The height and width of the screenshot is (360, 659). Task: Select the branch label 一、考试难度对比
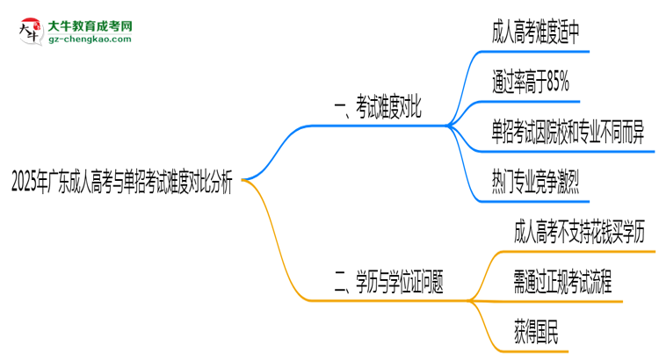coord(380,111)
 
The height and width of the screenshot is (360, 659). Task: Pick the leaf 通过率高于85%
coord(531,84)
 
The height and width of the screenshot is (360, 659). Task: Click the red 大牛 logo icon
coord(28,32)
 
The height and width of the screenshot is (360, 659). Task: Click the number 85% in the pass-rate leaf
coord(554,84)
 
